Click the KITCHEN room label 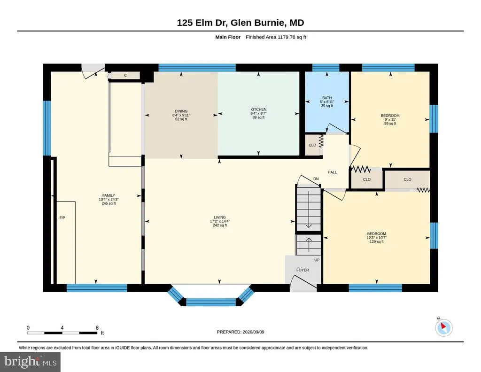coord(258,109)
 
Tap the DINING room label coord(181,111)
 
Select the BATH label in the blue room coord(327,98)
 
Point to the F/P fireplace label coord(62,218)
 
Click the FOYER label coord(303,270)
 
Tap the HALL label coord(332,172)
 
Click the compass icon coord(443,327)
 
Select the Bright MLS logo coord(30,362)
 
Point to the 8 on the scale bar coord(97,328)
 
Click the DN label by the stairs coord(316,179)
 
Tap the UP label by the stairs coord(317,260)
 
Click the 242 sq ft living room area coord(220,225)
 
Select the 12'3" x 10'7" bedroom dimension coord(376,238)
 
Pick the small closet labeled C coord(125,76)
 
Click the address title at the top coord(240,23)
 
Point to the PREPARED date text coord(240,332)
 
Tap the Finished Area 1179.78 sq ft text coord(276,37)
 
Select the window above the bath coord(326,68)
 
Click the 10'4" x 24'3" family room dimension coord(109,199)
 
